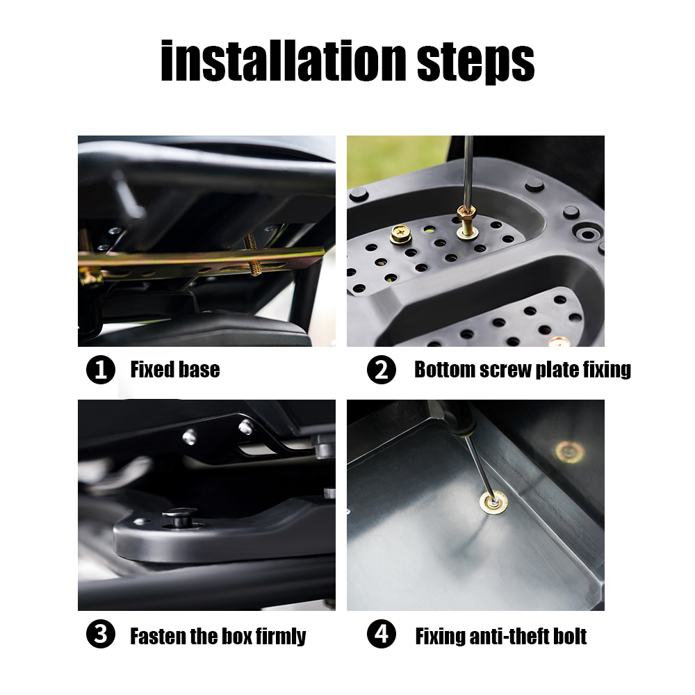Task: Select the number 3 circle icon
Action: coord(100,635)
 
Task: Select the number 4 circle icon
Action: coord(381,635)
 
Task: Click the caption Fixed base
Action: coord(174,370)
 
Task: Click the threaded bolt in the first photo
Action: coord(252,256)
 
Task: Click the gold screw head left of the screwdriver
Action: coord(401,233)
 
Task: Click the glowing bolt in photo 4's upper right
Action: coord(569,452)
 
